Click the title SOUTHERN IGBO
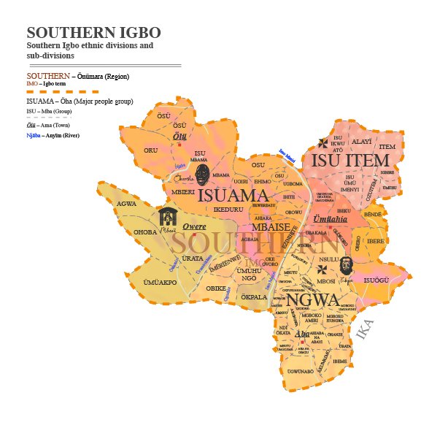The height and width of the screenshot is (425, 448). pos(93,33)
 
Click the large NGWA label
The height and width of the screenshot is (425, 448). pos(313,299)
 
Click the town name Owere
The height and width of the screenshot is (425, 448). pos(193,226)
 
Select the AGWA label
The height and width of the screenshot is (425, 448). pos(126,203)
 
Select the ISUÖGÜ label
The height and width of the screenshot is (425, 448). pos(377,279)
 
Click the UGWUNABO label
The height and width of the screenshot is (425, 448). pos(300,372)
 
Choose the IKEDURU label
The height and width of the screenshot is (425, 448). pos(228,210)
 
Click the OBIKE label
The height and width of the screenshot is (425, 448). pos(216,288)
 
